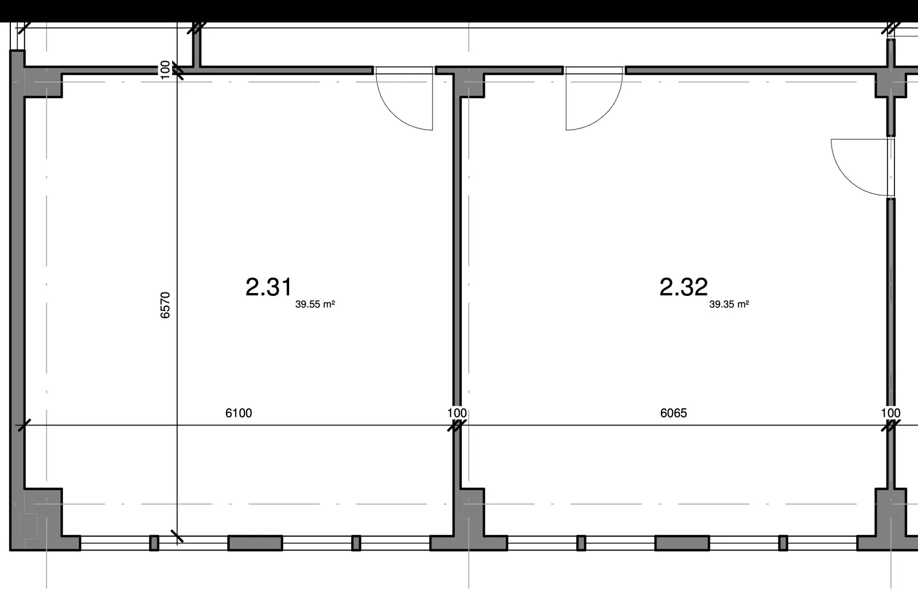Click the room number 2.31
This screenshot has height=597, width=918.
(269, 287)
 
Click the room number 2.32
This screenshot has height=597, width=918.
(683, 287)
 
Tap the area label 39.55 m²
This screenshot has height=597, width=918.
(315, 305)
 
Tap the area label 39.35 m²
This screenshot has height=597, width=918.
(729, 305)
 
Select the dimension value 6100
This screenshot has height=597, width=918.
(239, 413)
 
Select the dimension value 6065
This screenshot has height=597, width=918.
(674, 413)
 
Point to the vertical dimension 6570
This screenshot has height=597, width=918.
(165, 305)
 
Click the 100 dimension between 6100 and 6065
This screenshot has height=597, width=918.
(457, 413)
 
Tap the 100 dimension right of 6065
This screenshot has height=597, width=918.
(890, 413)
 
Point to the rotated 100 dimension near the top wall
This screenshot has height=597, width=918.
(165, 69)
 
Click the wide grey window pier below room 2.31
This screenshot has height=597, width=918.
(255, 543)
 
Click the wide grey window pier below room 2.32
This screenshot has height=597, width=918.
(682, 543)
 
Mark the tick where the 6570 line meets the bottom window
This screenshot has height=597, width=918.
(177, 536)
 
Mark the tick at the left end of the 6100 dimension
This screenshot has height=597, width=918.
(24, 426)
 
